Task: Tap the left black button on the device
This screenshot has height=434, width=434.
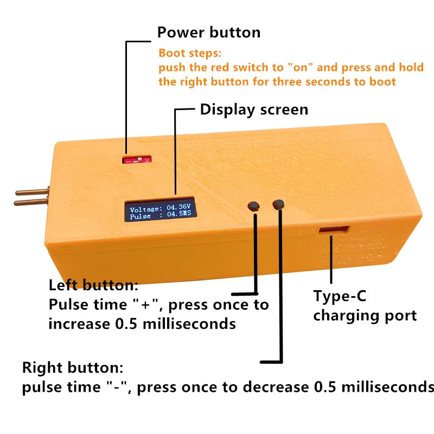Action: pos(253,206)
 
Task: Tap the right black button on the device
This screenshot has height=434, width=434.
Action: pos(279,205)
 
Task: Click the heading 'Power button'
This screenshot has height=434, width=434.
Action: pos(208,32)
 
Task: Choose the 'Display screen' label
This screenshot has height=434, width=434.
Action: pos(254,109)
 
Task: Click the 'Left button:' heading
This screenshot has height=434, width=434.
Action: pos(93,285)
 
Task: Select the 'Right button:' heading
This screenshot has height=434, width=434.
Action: pos(73,368)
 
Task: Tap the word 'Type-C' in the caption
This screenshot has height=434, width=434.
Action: pos(339,296)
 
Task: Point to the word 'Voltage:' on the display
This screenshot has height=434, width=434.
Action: pos(145,209)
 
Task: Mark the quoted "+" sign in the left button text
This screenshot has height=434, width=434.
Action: pos(145,304)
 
